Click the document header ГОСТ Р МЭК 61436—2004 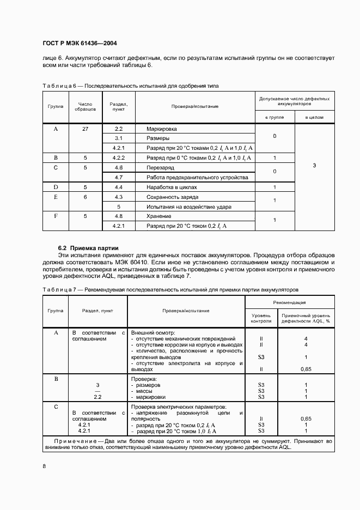79,43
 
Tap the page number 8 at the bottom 44,466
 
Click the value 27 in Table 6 85,129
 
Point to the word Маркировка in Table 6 162,129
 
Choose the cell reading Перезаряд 161,168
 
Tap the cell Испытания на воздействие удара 188,207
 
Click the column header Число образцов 85,106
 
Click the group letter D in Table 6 55,187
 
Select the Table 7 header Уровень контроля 261,318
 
